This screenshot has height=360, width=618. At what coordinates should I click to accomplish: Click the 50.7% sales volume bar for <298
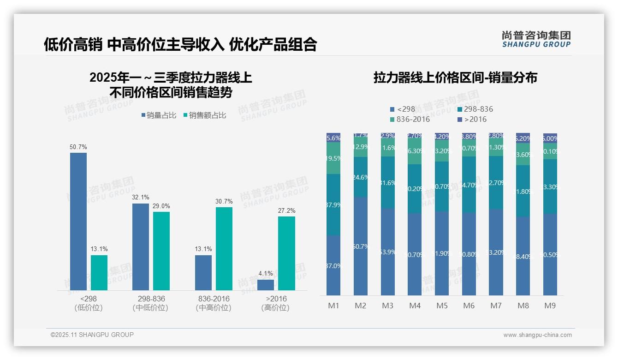click(78, 222)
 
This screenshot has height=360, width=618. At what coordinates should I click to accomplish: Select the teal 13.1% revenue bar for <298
click(99, 273)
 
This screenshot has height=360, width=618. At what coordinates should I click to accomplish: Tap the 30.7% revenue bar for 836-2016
click(224, 249)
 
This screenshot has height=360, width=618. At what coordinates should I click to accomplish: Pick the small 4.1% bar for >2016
click(266, 285)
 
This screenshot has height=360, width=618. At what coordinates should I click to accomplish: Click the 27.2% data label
click(286, 210)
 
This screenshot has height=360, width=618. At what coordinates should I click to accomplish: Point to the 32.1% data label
click(141, 197)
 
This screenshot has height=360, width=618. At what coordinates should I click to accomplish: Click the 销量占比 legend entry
click(159, 115)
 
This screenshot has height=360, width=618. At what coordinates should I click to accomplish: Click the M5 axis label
click(442, 306)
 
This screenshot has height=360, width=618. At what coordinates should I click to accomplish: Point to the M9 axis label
click(550, 306)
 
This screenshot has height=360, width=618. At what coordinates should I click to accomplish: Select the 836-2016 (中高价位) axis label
click(213, 303)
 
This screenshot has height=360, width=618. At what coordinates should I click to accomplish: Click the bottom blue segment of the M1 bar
click(333, 265)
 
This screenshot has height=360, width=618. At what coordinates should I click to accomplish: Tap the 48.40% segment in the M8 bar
click(523, 256)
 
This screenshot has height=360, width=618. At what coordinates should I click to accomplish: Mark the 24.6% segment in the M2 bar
click(361, 177)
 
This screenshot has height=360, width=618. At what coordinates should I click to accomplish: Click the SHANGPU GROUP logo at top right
click(536, 39)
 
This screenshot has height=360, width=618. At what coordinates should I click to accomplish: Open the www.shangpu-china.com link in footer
click(537, 335)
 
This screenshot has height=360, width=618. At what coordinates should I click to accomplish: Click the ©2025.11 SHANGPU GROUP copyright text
click(92, 335)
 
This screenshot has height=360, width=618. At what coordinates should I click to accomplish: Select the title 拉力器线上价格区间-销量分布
click(455, 78)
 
